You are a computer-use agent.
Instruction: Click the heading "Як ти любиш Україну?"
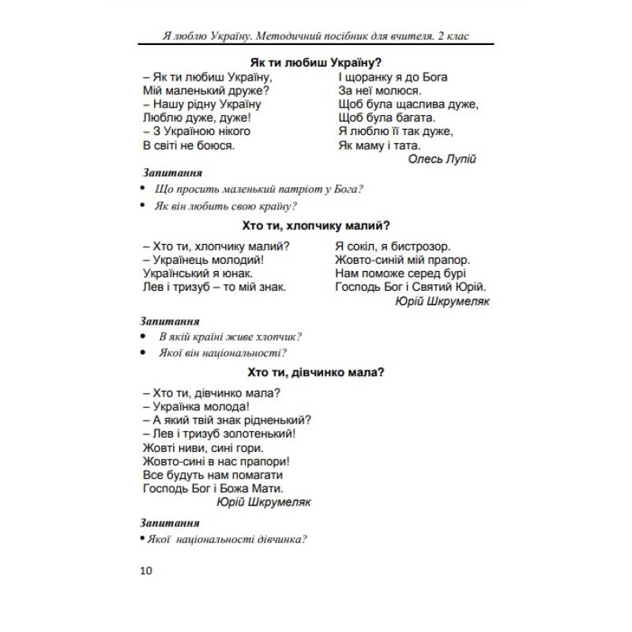click(x=316, y=61)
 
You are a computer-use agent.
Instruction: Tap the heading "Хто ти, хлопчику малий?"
click(x=316, y=224)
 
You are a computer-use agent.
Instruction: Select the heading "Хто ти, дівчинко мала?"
click(x=316, y=372)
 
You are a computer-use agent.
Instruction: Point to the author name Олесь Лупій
click(x=442, y=158)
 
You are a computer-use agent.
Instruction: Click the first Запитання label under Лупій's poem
click(x=172, y=171)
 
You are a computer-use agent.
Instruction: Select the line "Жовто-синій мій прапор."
click(x=402, y=259)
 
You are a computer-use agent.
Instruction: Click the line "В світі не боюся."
click(x=189, y=145)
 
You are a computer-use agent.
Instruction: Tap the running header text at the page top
click(x=315, y=36)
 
